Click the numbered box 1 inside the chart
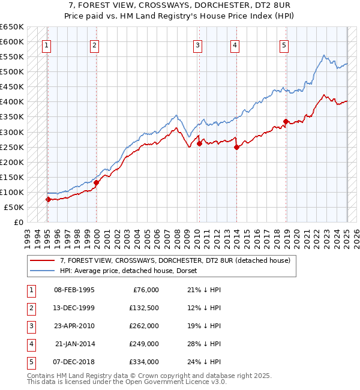point(46,44)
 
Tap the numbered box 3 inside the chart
point(197,44)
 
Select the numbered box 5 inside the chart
point(283,44)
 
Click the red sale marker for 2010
point(199,143)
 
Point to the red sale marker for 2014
point(236,147)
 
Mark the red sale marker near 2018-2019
point(286,122)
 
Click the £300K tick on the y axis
point(12,132)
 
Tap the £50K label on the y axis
point(14,207)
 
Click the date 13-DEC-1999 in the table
point(74,308)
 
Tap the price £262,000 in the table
point(145,326)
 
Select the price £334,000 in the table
point(145,362)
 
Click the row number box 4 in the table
point(30,344)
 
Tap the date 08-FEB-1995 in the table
point(74,290)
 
